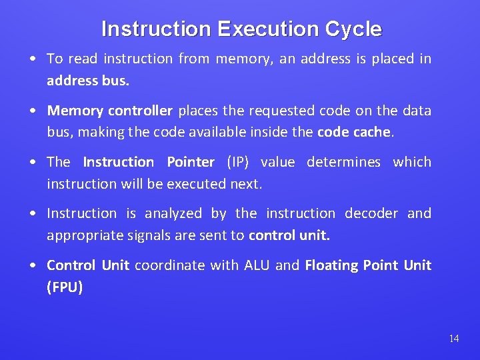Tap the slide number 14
[x=453, y=339]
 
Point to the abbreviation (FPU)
[x=65, y=287]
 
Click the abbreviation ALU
[x=257, y=265]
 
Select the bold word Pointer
[x=190, y=162]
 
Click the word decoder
[x=371, y=213]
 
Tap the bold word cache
[x=371, y=132]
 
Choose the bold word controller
[x=140, y=111]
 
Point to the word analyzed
[x=173, y=214]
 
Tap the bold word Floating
[x=331, y=265]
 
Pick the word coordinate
[x=170, y=265]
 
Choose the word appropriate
[x=84, y=236]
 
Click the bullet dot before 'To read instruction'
[x=33, y=59]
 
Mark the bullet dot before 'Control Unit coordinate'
[x=33, y=266]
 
